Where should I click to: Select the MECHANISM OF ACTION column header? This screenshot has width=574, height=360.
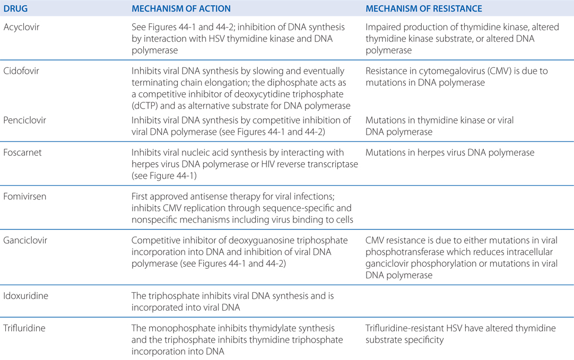click(x=181, y=9)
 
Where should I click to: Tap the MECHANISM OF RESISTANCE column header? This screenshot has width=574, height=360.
click(x=423, y=9)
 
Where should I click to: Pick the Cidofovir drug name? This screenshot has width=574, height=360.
click(x=20, y=71)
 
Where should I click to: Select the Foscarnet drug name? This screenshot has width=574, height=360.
click(x=20, y=153)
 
